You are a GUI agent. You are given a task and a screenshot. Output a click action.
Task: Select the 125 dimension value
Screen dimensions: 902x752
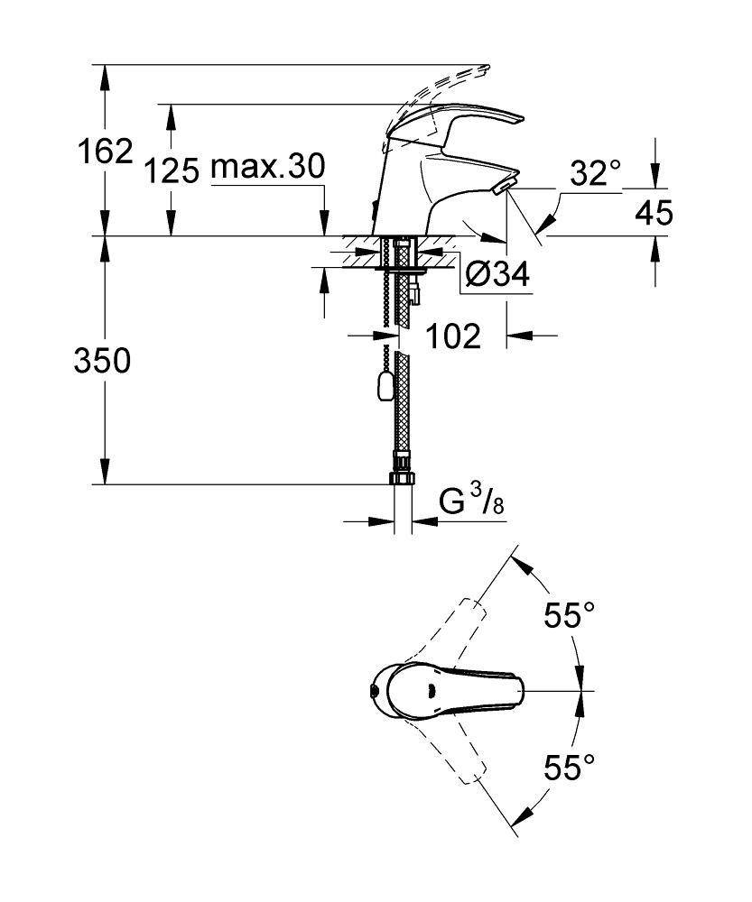tap(173, 170)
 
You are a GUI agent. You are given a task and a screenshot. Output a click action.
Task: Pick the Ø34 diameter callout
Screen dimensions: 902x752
tap(495, 275)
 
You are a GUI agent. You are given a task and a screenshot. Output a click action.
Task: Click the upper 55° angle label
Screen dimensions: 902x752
tap(569, 617)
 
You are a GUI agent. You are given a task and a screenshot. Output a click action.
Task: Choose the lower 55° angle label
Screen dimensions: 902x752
tap(569, 768)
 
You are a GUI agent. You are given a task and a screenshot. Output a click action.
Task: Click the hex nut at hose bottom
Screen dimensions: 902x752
tap(403, 477)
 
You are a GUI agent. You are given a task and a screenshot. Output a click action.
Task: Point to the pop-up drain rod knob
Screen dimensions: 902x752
tap(383, 388)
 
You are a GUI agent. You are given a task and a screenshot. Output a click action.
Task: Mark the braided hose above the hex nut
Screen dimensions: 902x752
tap(404, 406)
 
